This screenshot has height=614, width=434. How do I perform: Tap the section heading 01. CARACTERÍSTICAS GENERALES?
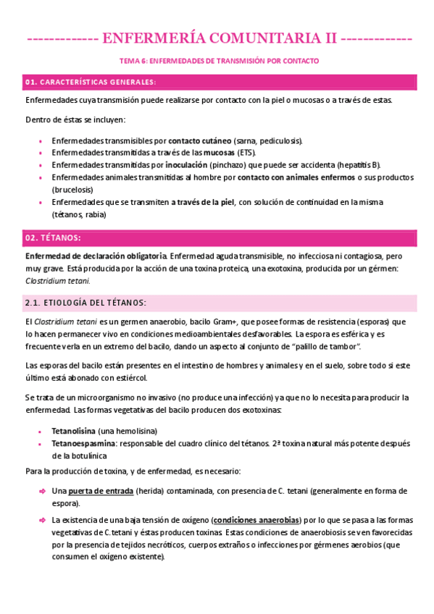(x=91, y=82)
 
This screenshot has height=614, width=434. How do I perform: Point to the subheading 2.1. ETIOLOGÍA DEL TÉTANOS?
(x=85, y=302)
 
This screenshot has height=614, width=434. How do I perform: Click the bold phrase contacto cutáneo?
(x=200, y=140)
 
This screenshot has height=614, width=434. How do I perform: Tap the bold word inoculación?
(x=186, y=165)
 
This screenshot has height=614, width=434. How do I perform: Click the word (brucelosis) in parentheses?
(x=78, y=189)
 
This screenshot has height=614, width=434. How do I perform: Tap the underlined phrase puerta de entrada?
(x=101, y=491)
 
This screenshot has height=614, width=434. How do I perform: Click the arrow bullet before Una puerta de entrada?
(x=42, y=492)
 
